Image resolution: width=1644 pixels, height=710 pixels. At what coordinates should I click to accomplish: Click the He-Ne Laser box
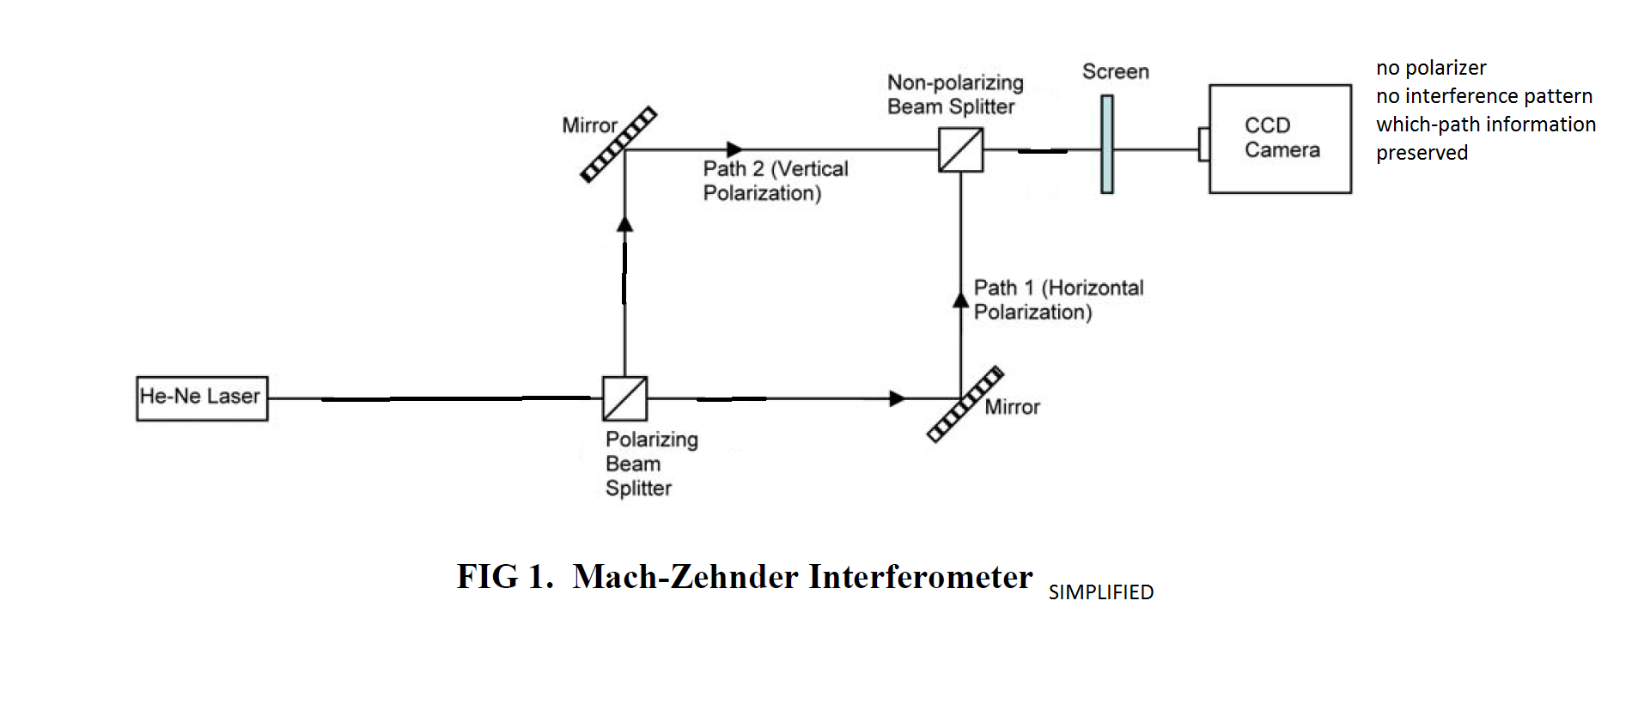[x=202, y=398]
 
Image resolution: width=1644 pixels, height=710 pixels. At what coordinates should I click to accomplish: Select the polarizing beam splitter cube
[x=624, y=398]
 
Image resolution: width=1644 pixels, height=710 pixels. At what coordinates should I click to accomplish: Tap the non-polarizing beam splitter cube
[x=960, y=150]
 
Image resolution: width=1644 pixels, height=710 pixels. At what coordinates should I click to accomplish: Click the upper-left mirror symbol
[x=618, y=144]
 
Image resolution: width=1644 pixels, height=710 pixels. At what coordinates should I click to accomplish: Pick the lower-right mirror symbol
[x=965, y=404]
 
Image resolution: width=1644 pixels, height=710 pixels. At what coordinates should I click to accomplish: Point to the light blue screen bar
[x=1107, y=144]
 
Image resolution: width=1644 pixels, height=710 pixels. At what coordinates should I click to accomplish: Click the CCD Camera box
[x=1280, y=138]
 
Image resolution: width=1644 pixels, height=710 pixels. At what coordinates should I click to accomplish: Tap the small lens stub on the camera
[x=1204, y=143]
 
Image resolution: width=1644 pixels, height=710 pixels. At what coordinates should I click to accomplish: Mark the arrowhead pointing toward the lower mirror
[x=898, y=398]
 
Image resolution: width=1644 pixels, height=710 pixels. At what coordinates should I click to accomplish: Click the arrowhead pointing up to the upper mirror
[x=625, y=223]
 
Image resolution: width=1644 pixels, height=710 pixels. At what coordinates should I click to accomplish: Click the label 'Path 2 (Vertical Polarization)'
[x=775, y=180]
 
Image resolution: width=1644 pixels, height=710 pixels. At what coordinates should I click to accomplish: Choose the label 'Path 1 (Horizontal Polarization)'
[x=1058, y=300]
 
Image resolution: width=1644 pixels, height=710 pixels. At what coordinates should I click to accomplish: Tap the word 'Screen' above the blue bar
[x=1115, y=71]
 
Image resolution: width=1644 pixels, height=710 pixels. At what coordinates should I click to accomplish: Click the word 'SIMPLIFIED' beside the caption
[x=1100, y=592]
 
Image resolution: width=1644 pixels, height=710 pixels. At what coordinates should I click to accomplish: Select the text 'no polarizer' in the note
[x=1431, y=68]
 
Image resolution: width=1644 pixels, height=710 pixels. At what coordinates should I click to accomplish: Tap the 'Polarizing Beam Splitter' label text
[x=651, y=464]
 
